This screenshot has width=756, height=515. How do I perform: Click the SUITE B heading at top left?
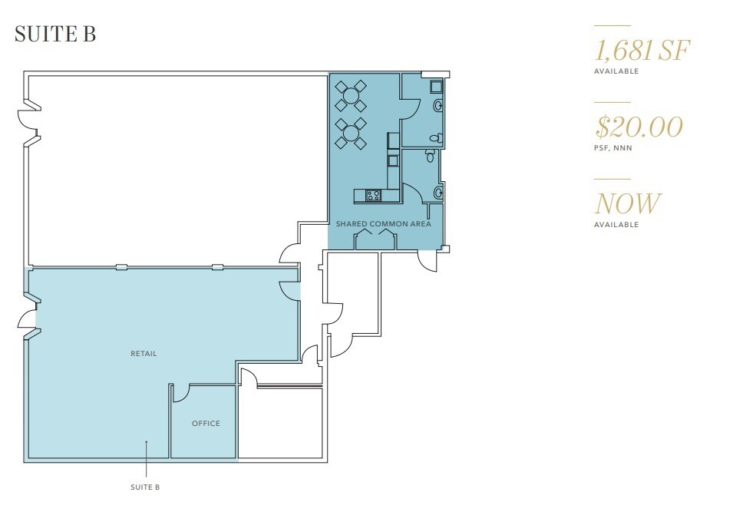coord(55,35)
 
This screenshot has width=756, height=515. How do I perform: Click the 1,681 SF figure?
coord(642,51)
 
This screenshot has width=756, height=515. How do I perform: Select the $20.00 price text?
coord(639,127)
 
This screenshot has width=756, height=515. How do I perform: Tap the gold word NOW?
coord(627,204)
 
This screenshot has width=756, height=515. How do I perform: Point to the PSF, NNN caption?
coord(613,148)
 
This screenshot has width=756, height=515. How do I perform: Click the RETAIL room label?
coord(144,354)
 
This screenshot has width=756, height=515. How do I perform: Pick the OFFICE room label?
coord(206,424)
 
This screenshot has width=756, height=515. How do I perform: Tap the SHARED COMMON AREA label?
coord(384,225)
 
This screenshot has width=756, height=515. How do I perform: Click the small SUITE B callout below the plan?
coord(146,487)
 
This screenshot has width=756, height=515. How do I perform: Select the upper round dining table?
coord(351,96)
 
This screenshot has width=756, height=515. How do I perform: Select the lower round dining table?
coord(351,133)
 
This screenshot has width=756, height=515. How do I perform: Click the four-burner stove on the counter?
coord(374,196)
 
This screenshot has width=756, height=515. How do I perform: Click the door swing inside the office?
coord(181,393)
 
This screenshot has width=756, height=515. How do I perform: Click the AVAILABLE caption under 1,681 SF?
coord(616,71)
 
